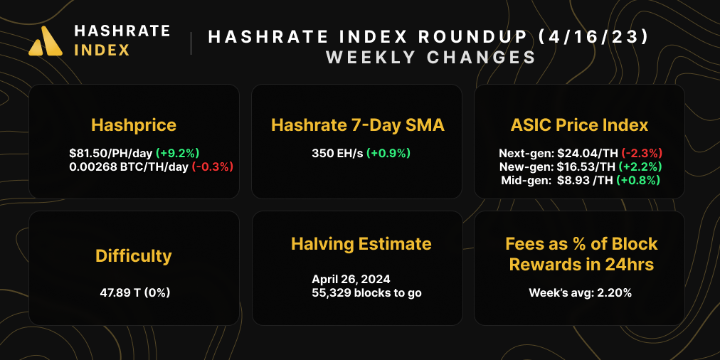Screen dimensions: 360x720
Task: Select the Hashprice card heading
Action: (134, 125)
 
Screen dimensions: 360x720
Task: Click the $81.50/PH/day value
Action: (110, 153)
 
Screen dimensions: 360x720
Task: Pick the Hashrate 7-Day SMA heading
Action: (357, 125)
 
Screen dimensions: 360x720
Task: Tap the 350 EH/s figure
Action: (337, 153)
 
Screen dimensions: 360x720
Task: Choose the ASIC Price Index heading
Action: (579, 125)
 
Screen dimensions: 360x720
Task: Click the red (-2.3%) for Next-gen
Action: (642, 153)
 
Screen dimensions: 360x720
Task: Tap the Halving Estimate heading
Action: (361, 244)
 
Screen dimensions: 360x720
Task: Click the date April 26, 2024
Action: (351, 279)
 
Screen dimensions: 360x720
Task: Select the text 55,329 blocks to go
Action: (366, 292)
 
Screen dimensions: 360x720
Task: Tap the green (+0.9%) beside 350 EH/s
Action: (388, 153)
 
